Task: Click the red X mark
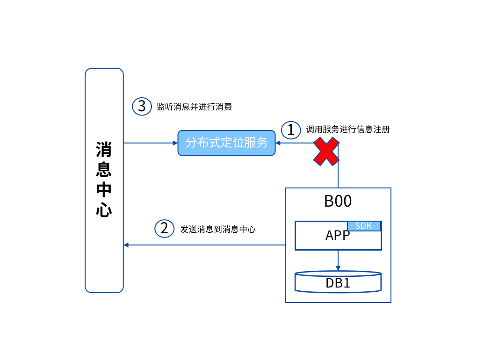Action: (x=326, y=151)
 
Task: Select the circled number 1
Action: (x=291, y=130)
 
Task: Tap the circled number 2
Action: (x=164, y=228)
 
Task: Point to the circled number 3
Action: (x=142, y=106)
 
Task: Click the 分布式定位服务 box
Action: (x=226, y=143)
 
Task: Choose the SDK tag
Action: (x=364, y=226)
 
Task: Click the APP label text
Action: (x=337, y=235)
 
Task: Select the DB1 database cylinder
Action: (x=338, y=282)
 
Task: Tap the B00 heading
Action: (x=338, y=201)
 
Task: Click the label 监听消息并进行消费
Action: (x=194, y=107)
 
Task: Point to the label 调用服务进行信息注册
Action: (x=347, y=130)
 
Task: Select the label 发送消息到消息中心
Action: (x=218, y=229)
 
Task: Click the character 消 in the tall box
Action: (x=104, y=150)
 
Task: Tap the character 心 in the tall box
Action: (x=104, y=209)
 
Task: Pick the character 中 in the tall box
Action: (x=104, y=189)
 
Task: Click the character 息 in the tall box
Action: (x=104, y=169)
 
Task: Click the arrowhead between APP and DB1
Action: (x=338, y=268)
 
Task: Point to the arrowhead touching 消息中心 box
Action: (x=126, y=245)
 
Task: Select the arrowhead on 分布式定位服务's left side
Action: (x=175, y=143)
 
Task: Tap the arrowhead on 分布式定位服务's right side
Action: (x=278, y=143)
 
